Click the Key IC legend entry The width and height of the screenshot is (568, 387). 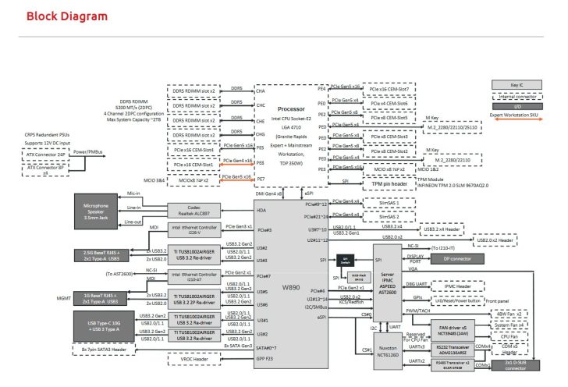tap(515, 84)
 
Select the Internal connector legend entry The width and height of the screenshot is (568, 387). tap(515, 97)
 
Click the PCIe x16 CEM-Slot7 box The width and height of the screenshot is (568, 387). tap(389, 89)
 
